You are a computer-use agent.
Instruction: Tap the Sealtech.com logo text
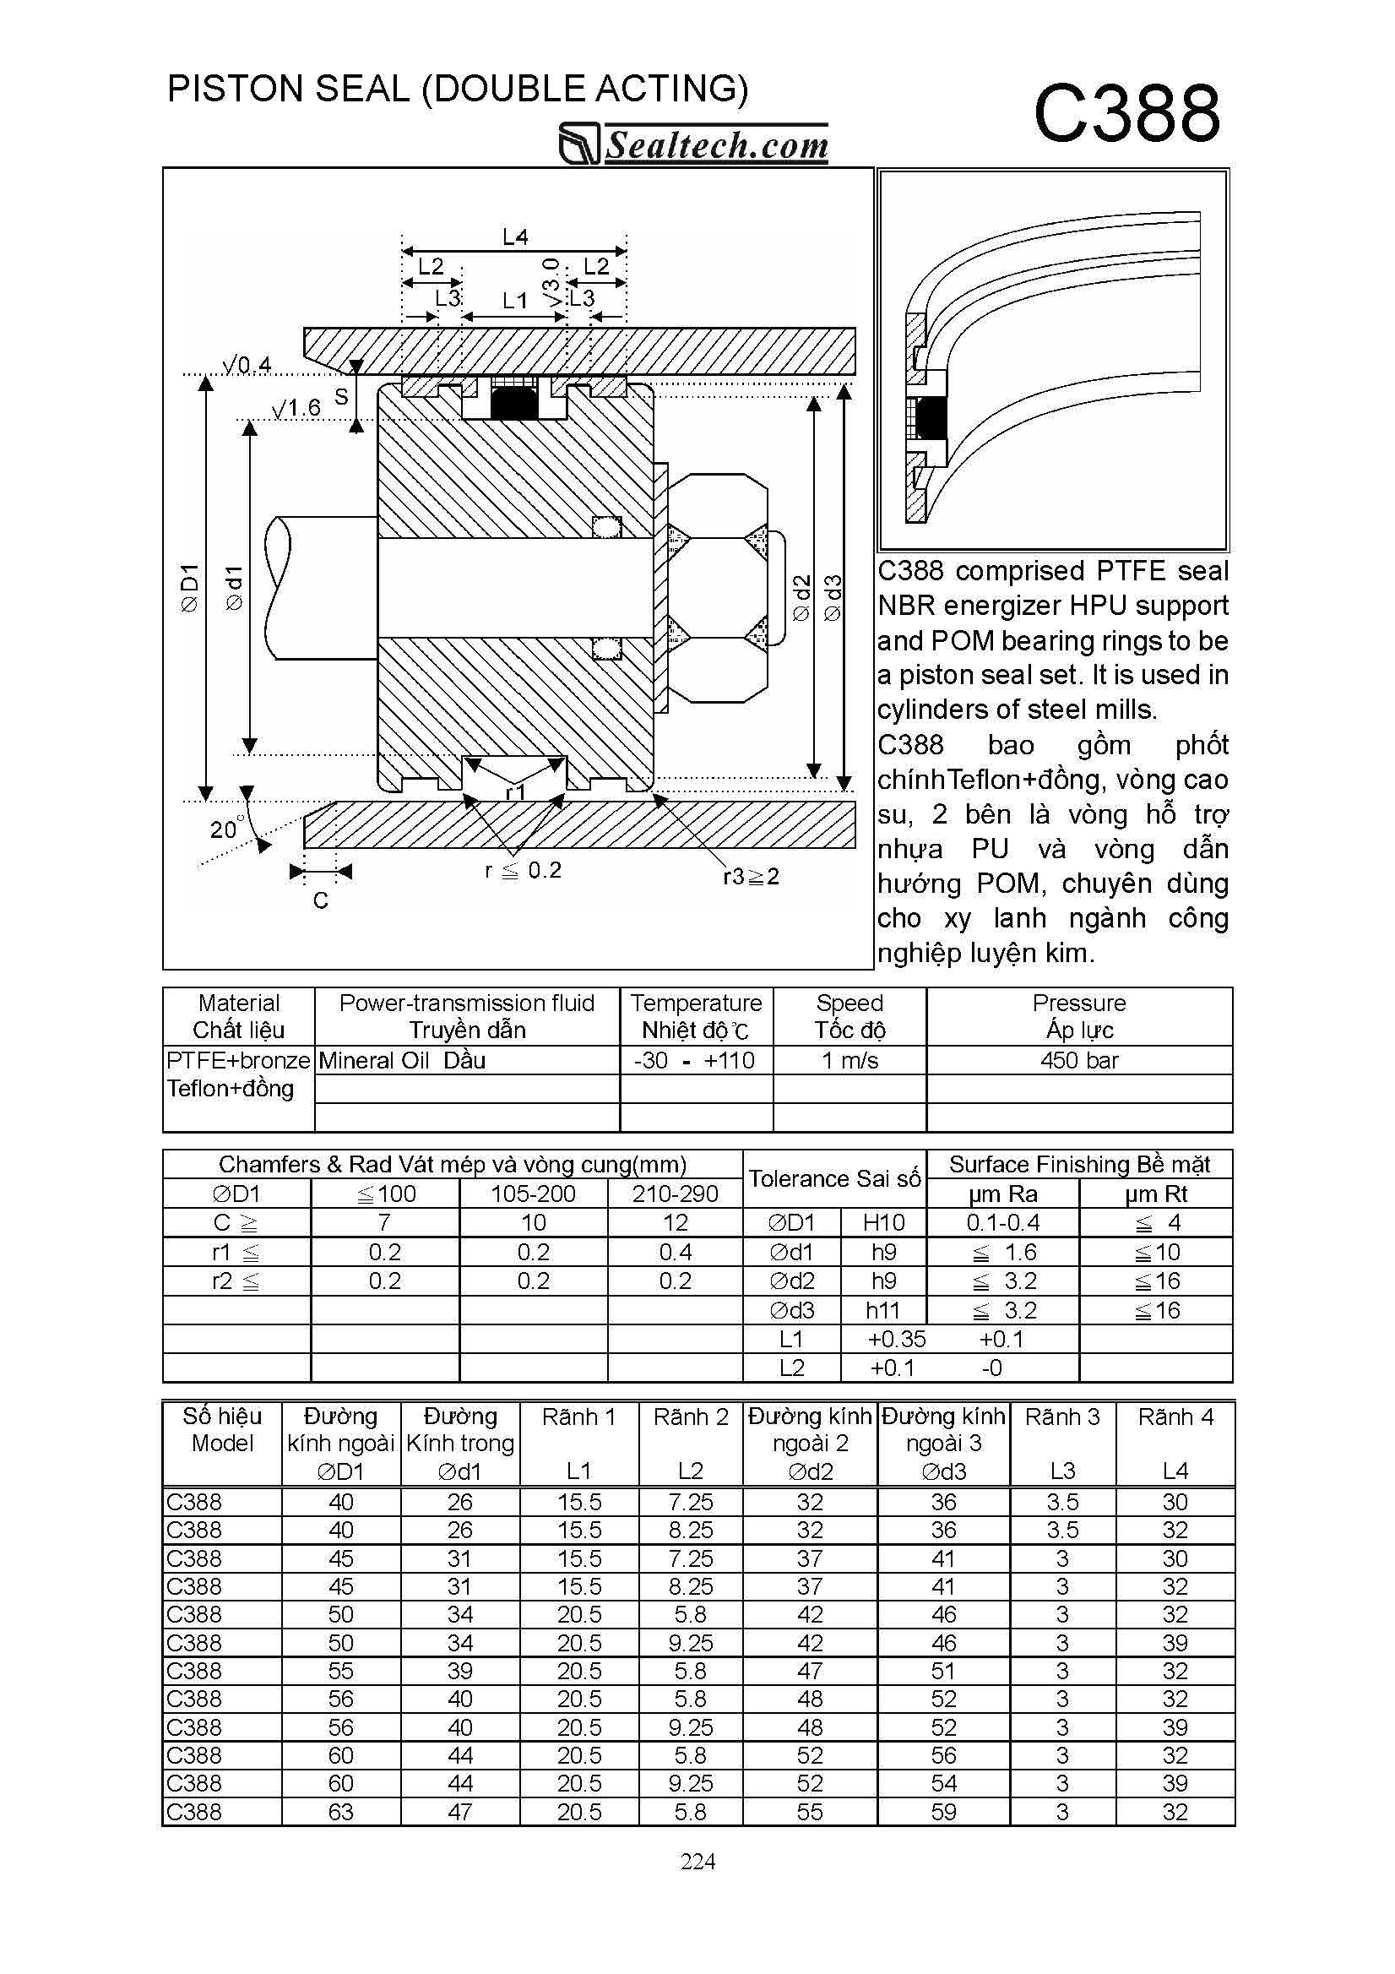(717, 144)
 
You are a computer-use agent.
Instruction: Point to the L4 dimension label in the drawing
(515, 237)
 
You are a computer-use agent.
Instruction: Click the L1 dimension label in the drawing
(515, 300)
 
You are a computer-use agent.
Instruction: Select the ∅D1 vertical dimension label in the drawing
(189, 588)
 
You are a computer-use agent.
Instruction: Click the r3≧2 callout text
(752, 876)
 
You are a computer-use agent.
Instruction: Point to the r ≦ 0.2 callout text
(523, 870)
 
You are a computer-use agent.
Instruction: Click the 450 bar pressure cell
(1078, 1060)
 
